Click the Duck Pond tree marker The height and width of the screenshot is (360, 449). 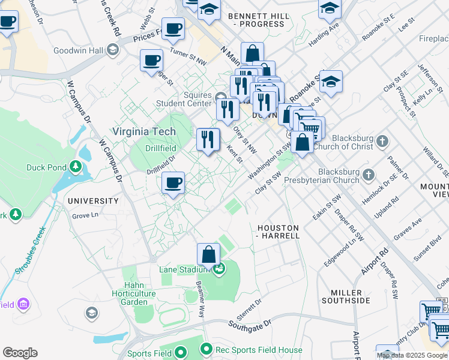pos(76,167)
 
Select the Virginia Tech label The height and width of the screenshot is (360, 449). pos(145,131)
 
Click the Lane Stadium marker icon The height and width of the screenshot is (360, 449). pos(220,268)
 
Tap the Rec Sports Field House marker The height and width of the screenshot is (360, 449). pos(206,349)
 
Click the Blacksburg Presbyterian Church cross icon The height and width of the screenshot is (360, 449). pos(369,175)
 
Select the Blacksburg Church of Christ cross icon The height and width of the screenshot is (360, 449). pos(382,142)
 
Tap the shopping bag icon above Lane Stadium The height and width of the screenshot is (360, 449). pos(208,254)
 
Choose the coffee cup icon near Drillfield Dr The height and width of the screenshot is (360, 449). pos(173,182)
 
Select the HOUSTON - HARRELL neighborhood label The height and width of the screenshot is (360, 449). pos(279,232)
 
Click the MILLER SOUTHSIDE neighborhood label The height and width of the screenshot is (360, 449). pos(346,296)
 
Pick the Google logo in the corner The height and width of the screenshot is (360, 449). pos(20,353)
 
